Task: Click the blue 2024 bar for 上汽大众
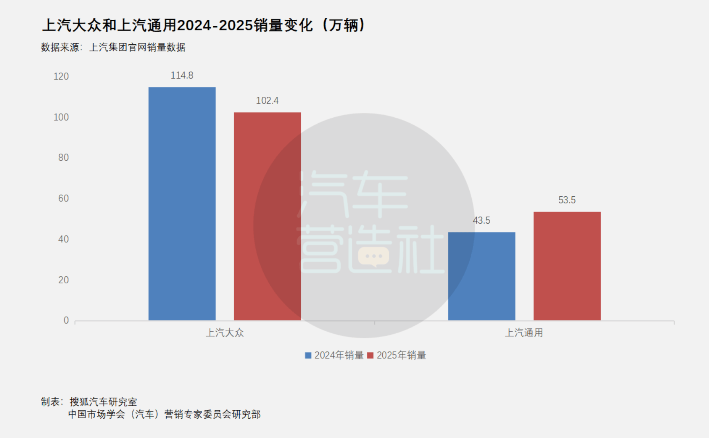pyautogui.click(x=182, y=203)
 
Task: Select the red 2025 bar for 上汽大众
pyautogui.click(x=267, y=216)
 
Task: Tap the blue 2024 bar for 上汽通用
pyautogui.click(x=481, y=276)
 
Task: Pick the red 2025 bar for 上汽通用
pyautogui.click(x=567, y=266)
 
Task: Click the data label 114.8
pyautogui.click(x=182, y=75)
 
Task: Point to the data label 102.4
pyautogui.click(x=267, y=100)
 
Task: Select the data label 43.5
pyautogui.click(x=481, y=220)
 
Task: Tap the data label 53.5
pyautogui.click(x=567, y=200)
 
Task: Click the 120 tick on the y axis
pyautogui.click(x=61, y=77)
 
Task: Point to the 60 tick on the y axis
pyautogui.click(x=63, y=198)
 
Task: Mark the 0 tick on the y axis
pyautogui.click(x=66, y=320)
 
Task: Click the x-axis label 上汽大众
pyautogui.click(x=225, y=333)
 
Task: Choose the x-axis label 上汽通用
pyautogui.click(x=524, y=333)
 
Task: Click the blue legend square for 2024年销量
pyautogui.click(x=308, y=355)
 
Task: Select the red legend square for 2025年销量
pyautogui.click(x=370, y=355)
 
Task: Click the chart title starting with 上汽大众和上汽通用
pyautogui.click(x=203, y=25)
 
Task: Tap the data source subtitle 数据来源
pyautogui.click(x=113, y=48)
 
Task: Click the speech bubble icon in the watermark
pyautogui.click(x=373, y=257)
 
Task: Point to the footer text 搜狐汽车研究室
pyautogui.click(x=103, y=402)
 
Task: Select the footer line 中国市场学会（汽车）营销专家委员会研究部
pyautogui.click(x=164, y=414)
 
